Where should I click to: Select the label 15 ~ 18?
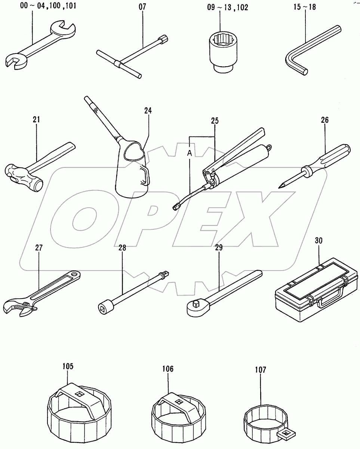pos(305,7)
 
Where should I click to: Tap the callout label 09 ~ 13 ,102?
pos(222,7)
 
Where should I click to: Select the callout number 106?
pos(167,369)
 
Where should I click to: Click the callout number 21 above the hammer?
pos(36,119)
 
